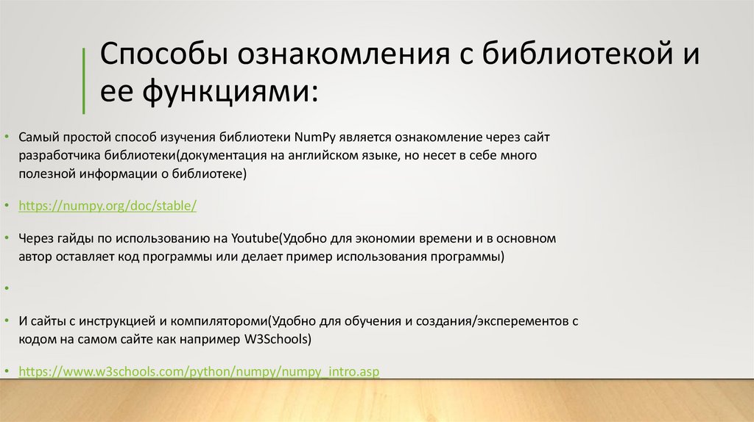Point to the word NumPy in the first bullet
tap(314, 137)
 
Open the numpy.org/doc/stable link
tap(108, 207)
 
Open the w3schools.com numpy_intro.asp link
tap(199, 371)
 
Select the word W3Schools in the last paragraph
tap(277, 340)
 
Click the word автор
tap(35, 257)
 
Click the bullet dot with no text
tap(7, 289)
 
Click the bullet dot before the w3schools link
tap(7, 372)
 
